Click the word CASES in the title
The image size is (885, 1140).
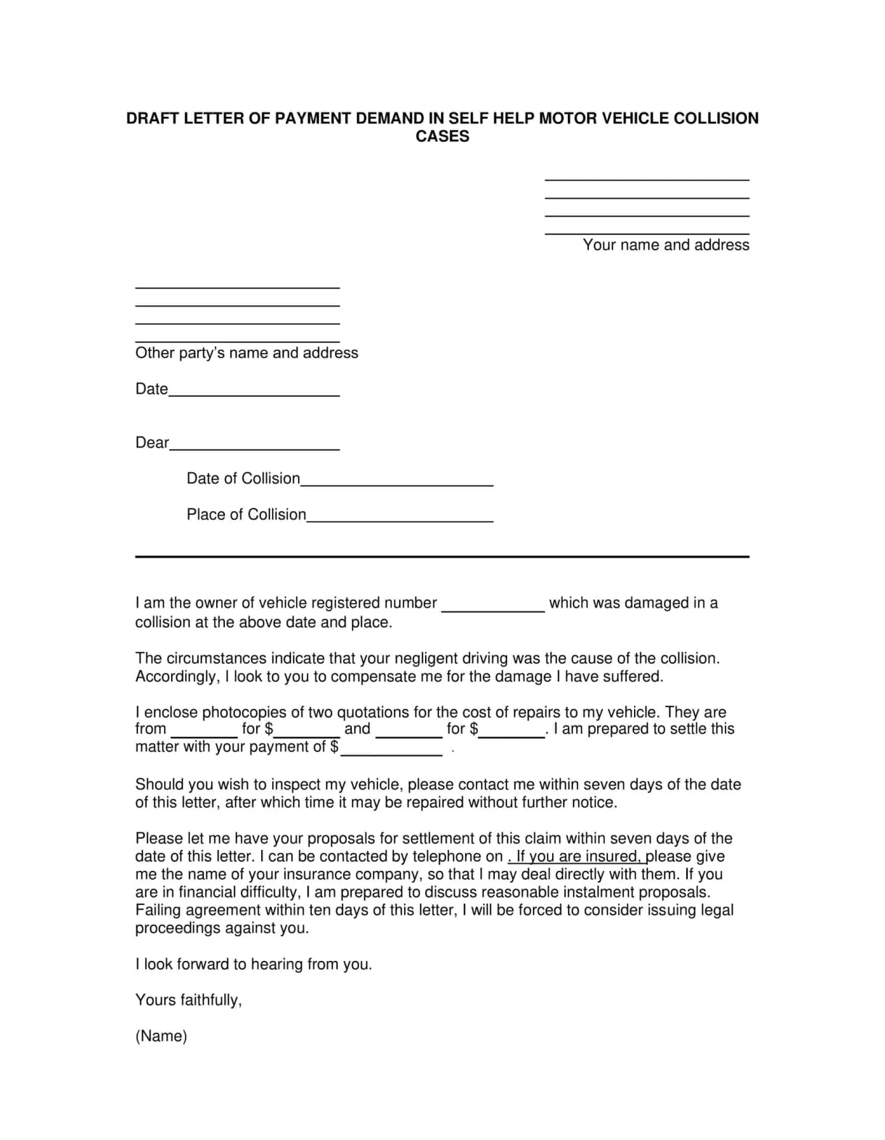(x=442, y=136)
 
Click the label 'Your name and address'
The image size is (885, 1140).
(x=665, y=245)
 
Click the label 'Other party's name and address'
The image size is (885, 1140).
(x=247, y=353)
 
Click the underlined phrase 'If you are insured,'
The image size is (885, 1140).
(x=577, y=856)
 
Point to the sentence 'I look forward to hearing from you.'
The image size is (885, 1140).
(x=253, y=965)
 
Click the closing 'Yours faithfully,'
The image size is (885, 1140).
(x=189, y=1000)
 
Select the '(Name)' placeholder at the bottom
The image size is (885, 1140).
(x=161, y=1036)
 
